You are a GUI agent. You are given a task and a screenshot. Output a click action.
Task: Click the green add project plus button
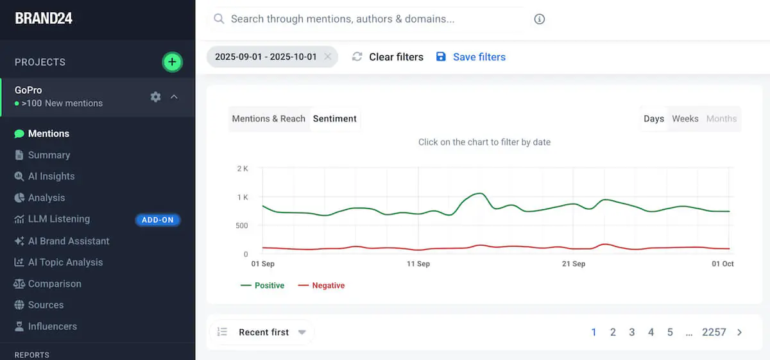172,62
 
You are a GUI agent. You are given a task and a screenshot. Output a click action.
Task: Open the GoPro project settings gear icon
155,97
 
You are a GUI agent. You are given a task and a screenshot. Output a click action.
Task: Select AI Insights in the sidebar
51,176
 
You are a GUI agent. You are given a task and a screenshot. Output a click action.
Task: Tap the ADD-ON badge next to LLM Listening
158,220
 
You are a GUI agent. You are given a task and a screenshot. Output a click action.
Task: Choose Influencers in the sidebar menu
52,327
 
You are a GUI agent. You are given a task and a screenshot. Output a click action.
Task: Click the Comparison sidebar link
55,284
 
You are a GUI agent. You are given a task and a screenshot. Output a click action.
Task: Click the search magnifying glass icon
219,19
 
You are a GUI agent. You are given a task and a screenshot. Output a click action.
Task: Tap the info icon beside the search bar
540,19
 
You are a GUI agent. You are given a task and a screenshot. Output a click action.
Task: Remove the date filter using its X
327,56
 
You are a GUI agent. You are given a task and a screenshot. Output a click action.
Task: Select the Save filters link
479,57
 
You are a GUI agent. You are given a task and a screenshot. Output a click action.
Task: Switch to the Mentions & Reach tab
268,119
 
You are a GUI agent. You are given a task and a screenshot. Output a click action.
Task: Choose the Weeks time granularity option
685,119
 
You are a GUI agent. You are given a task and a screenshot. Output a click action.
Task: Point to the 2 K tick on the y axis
243,169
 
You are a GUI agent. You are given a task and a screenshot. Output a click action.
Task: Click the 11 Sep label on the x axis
418,264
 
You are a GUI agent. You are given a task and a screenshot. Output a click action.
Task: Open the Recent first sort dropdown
264,332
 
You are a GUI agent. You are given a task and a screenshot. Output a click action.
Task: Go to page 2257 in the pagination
714,332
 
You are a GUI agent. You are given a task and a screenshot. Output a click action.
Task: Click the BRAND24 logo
44,18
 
